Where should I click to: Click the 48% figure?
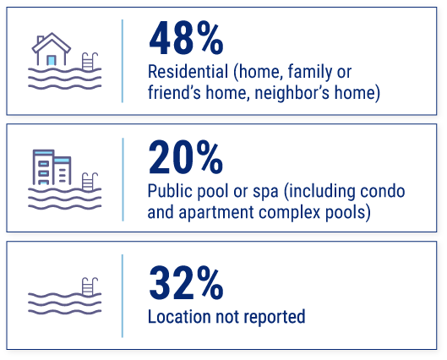click(x=186, y=40)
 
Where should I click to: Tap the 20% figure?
click(x=186, y=158)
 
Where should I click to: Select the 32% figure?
click(x=186, y=282)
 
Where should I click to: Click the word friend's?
click(x=172, y=92)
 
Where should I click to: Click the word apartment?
click(x=215, y=211)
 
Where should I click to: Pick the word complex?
click(x=285, y=211)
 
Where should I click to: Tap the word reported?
click(x=275, y=317)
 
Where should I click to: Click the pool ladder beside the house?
click(x=89, y=62)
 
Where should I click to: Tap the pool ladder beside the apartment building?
click(x=89, y=181)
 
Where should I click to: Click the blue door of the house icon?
click(x=52, y=59)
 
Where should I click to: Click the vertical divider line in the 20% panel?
click(x=123, y=177)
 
